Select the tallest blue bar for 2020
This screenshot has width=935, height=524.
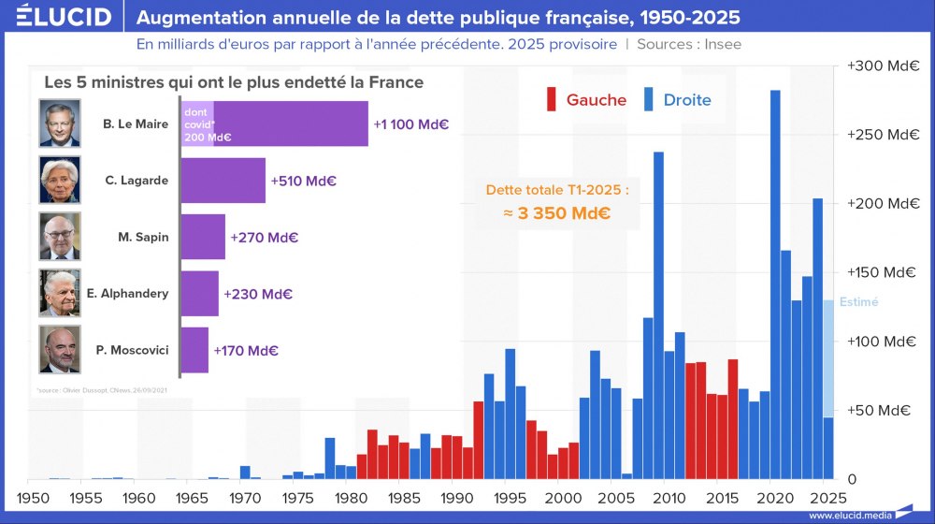coord(775,281)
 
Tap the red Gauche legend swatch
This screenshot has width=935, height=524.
coord(552,99)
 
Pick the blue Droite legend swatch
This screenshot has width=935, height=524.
coord(649,99)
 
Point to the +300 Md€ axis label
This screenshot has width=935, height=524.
coord(882,66)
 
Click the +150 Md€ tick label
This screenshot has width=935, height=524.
coord(882,272)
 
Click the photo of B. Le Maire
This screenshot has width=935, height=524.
coord(61,123)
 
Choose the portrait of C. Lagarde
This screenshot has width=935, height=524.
coord(61,180)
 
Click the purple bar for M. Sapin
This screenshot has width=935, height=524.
coord(203,237)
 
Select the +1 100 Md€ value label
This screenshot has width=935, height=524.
coord(411,124)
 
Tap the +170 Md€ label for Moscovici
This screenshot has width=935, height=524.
coord(246,351)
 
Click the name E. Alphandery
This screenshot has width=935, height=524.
coord(127,294)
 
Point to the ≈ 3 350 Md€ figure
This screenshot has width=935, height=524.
coord(557,212)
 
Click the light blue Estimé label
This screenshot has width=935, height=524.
coord(858,302)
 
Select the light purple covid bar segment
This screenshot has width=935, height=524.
coord(196,124)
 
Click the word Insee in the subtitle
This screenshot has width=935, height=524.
coord(725,44)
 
